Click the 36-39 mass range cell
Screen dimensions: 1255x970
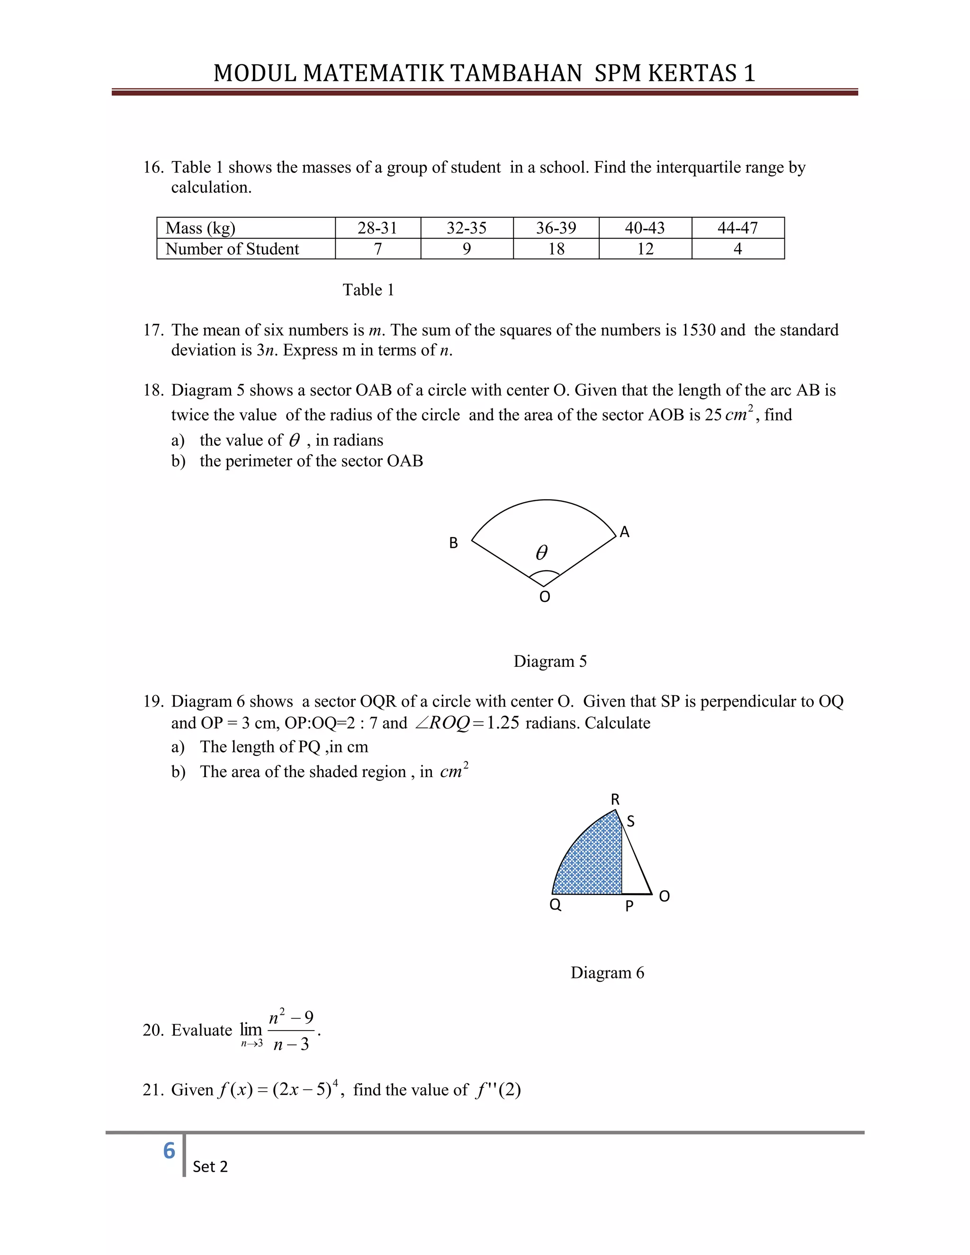click(556, 228)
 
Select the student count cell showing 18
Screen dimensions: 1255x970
click(556, 249)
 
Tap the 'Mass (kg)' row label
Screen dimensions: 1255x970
click(200, 228)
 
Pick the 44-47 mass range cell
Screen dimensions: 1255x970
click(737, 228)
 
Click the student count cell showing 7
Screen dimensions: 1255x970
click(377, 249)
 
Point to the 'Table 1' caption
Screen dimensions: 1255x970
click(368, 290)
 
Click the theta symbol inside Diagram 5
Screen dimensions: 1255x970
click(541, 553)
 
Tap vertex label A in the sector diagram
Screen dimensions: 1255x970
click(625, 533)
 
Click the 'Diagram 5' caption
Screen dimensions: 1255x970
click(550, 662)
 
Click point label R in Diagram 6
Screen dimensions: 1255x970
click(615, 799)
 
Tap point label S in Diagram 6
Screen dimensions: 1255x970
click(630, 822)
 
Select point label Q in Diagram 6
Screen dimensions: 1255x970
click(555, 905)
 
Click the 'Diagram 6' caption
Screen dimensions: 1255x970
click(607, 973)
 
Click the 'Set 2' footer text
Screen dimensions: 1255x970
click(210, 1166)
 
